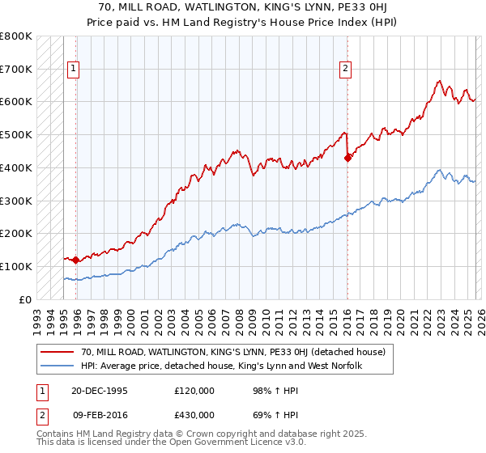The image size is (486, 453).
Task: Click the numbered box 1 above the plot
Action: (74, 70)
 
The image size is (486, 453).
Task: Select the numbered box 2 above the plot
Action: (345, 70)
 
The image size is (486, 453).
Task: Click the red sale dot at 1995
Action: (76, 260)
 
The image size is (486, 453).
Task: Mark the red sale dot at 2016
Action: (347, 158)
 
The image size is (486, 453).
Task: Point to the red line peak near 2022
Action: (438, 81)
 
